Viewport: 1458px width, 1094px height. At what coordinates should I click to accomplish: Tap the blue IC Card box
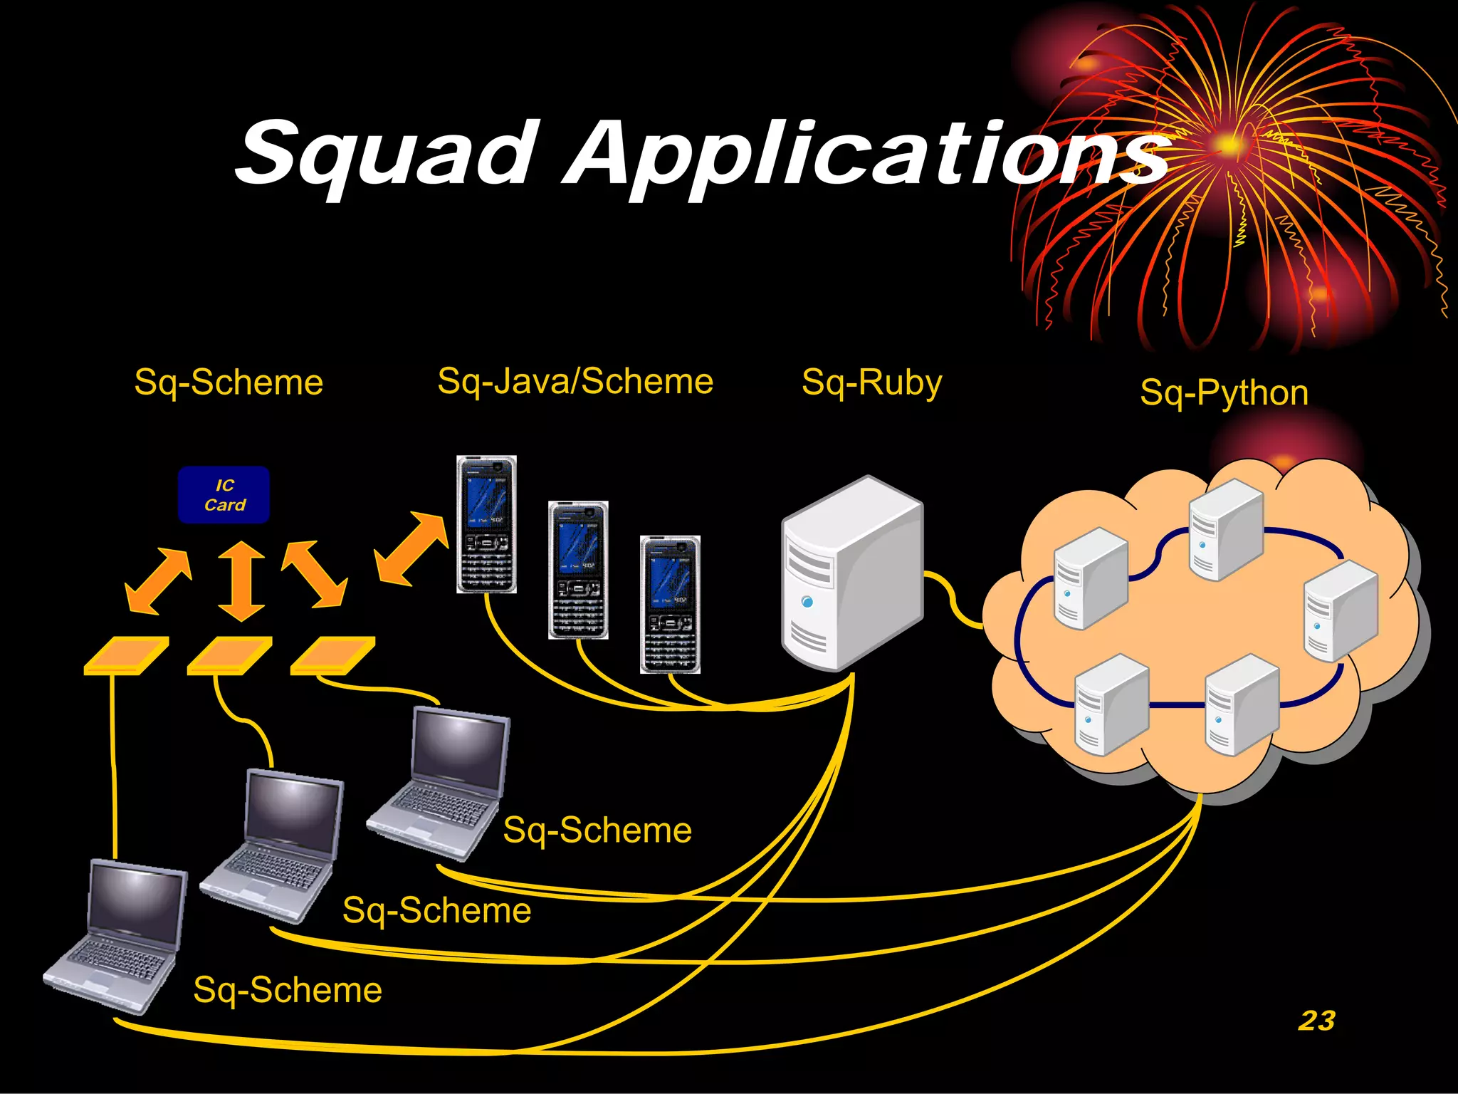[224, 495]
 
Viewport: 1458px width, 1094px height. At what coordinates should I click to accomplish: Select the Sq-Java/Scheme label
[575, 381]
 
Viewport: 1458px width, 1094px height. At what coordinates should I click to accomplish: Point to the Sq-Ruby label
[871, 382]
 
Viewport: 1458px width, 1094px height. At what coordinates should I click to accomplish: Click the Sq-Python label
[1224, 392]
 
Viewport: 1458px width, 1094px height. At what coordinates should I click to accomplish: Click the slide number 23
[1316, 1020]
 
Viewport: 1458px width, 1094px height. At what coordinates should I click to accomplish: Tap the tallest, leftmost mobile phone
[486, 524]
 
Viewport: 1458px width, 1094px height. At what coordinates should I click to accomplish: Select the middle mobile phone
[578, 570]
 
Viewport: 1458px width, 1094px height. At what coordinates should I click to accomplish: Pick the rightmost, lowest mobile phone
[670, 605]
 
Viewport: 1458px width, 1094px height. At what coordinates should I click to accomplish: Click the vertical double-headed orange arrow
[241, 580]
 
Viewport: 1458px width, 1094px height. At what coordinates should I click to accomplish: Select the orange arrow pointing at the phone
[411, 548]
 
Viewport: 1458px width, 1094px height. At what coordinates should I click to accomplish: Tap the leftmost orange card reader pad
[126, 655]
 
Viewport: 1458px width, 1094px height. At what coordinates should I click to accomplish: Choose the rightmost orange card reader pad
[332, 655]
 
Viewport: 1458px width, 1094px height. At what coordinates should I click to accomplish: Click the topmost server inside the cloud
[1226, 528]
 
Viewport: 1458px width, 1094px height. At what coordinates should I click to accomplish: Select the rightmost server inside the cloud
[1340, 610]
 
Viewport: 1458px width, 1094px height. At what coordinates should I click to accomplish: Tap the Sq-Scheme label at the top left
[229, 382]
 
